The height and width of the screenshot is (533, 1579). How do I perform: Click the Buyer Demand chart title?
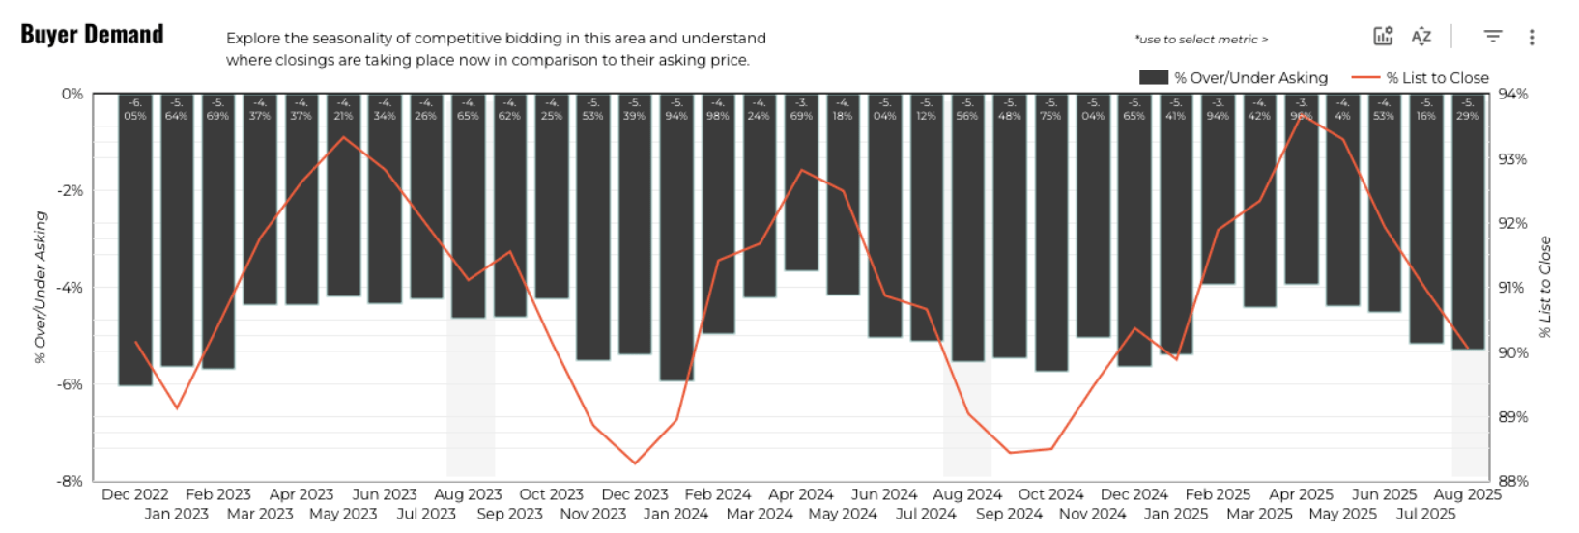click(92, 35)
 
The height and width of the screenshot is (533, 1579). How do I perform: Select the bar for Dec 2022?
click(135, 241)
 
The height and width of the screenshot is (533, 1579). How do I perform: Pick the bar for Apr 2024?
click(801, 183)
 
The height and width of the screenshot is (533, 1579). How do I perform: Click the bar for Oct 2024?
click(1051, 232)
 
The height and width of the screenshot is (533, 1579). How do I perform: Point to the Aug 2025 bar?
click(1468, 222)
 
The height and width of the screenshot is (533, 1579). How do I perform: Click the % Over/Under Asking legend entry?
click(1234, 78)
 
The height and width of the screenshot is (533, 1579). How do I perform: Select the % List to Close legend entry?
click(1421, 78)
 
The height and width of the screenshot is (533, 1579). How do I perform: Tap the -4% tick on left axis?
click(71, 288)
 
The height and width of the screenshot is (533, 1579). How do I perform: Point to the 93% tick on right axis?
click(1512, 159)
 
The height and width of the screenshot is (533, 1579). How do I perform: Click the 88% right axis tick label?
click(1512, 481)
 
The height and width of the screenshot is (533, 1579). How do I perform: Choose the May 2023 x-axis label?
click(343, 514)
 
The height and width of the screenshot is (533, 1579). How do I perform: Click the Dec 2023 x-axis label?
click(635, 494)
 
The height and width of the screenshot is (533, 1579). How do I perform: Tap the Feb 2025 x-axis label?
click(1218, 494)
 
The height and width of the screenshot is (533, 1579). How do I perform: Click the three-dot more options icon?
click(1532, 38)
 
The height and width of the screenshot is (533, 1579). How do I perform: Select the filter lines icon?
click(1493, 37)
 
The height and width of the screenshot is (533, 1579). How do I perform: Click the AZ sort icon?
click(1421, 37)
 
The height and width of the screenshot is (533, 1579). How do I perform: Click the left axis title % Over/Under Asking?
click(41, 288)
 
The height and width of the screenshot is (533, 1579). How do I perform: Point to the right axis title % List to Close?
click(1545, 288)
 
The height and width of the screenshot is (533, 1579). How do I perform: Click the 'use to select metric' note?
click(1201, 40)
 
